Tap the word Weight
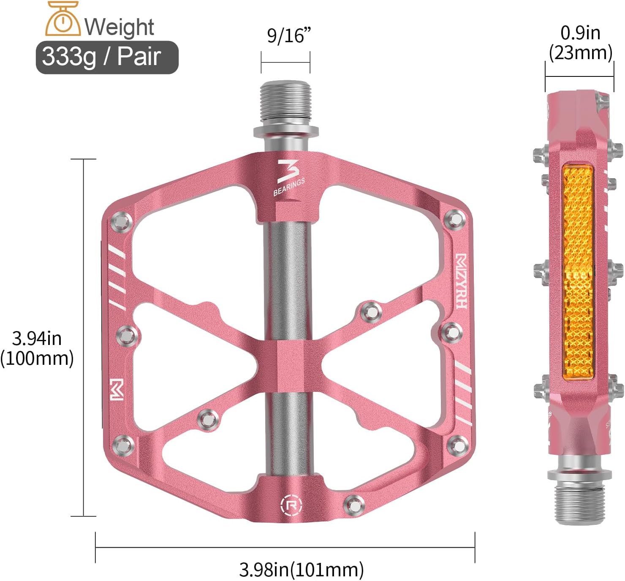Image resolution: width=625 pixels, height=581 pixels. point(119,27)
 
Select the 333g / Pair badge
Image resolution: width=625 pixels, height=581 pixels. point(107,57)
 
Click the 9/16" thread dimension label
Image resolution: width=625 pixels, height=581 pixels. point(288,35)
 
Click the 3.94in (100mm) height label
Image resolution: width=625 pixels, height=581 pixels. point(37,348)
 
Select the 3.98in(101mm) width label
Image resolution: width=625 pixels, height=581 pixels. point(301,569)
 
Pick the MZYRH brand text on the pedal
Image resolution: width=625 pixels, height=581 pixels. point(461,281)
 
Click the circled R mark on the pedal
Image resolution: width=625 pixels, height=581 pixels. point(291,504)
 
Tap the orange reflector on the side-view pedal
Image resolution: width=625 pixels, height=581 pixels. point(578,272)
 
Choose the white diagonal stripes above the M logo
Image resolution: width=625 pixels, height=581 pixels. point(118,279)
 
